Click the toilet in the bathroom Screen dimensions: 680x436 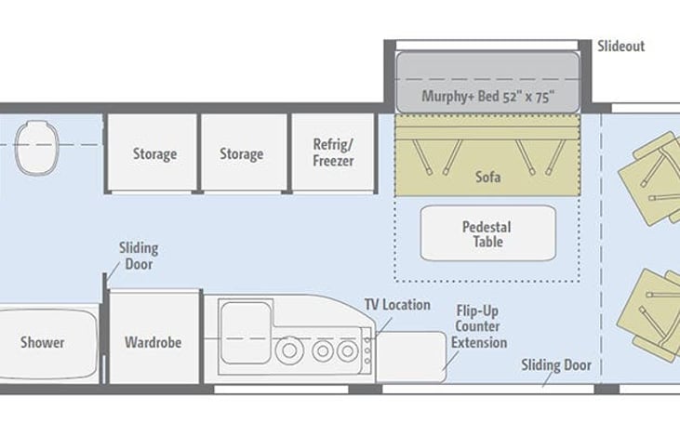37,148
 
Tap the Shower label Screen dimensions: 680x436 43,342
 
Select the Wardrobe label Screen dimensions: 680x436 153,342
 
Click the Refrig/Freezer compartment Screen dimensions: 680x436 333,152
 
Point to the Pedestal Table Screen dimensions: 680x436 487,233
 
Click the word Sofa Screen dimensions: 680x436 487,177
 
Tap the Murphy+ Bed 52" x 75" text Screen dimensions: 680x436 487,96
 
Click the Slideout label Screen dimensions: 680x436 621,46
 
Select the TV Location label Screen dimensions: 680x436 397,305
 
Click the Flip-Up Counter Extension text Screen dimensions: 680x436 479,326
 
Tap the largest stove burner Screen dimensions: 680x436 289,350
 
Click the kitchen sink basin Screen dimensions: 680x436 246,333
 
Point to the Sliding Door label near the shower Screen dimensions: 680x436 139,257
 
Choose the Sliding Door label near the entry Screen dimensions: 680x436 556,365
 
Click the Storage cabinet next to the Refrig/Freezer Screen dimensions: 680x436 244,152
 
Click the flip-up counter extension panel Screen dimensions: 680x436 411,357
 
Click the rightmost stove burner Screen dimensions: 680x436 347,350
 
